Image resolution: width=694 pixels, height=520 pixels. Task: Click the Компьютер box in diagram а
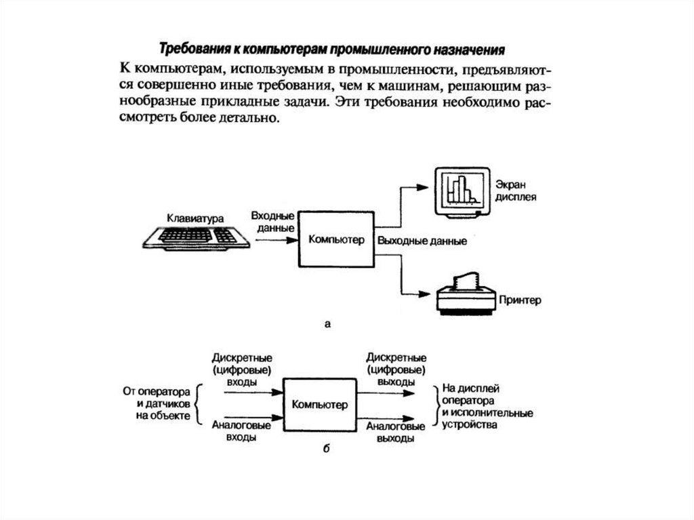(x=336, y=239)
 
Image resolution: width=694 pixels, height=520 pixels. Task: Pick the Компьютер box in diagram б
(x=319, y=405)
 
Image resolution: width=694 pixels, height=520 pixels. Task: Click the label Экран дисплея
(x=515, y=191)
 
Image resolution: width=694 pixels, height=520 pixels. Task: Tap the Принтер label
(x=520, y=300)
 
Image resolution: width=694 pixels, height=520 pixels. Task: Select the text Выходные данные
(x=422, y=241)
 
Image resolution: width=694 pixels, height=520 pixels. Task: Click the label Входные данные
(x=272, y=222)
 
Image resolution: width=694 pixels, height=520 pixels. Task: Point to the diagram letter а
(x=327, y=325)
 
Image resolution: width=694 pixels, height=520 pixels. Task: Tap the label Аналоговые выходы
(x=396, y=432)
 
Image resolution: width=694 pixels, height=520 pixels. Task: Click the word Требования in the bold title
(x=191, y=49)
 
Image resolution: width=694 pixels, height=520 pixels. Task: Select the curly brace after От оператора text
(x=199, y=405)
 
